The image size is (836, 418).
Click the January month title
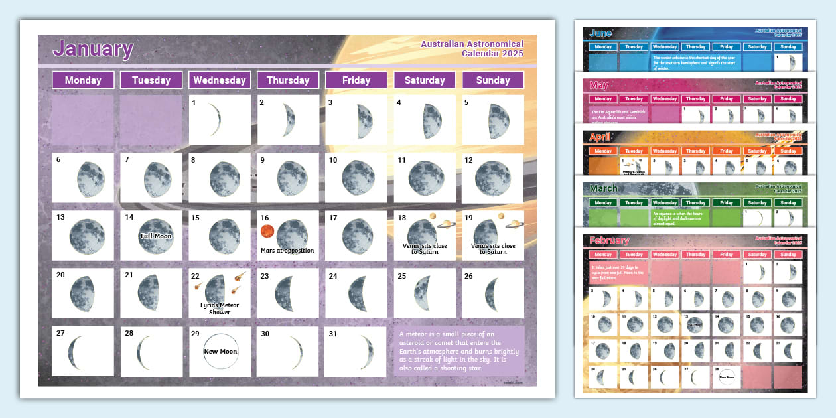click(x=93, y=49)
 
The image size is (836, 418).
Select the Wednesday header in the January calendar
click(x=220, y=80)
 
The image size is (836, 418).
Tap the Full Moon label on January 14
click(x=155, y=236)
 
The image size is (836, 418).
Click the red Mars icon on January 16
click(x=267, y=231)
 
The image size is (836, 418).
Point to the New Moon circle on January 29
click(x=220, y=352)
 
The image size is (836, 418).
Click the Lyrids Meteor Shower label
click(x=220, y=309)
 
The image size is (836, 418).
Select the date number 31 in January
click(x=333, y=334)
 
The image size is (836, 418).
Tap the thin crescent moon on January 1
click(x=214, y=121)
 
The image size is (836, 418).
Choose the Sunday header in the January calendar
click(x=493, y=80)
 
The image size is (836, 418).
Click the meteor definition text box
click(x=459, y=352)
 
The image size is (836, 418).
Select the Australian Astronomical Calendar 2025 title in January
click(x=472, y=49)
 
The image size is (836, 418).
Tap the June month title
click(x=601, y=34)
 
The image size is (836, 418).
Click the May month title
click(x=598, y=86)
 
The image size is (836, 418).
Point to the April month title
click(x=601, y=137)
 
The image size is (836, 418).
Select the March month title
click(x=604, y=189)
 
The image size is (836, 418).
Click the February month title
click(x=609, y=240)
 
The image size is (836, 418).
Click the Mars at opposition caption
click(x=288, y=251)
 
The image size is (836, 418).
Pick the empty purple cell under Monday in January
click(x=82, y=120)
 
